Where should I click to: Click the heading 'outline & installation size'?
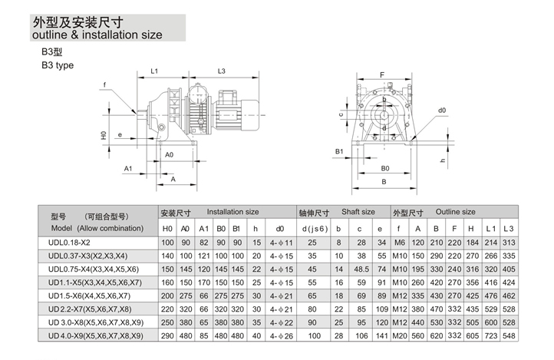(97, 35)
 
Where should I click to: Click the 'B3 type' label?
(58, 65)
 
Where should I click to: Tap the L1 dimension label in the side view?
(153, 71)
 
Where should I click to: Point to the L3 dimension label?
(220, 71)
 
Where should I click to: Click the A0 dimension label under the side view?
(169, 154)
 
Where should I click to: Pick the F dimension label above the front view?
(382, 74)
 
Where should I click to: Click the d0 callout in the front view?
(442, 111)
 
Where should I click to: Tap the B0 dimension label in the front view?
(384, 167)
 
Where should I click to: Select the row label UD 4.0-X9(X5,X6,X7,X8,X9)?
(95, 335)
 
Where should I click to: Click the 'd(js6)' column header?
(315, 228)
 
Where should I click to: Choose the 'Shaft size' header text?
(358, 212)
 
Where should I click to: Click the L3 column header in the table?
(507, 228)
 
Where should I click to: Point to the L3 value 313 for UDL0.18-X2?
(507, 243)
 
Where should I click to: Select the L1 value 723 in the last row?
(490, 335)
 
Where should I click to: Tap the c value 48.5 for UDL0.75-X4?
(359, 269)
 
